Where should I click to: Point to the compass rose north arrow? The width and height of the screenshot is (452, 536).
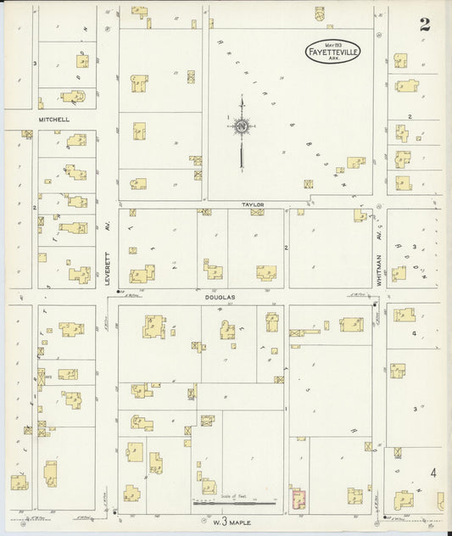point(243,127)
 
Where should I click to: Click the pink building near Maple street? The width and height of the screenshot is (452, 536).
point(298,499)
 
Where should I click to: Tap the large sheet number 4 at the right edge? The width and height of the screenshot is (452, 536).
point(434,473)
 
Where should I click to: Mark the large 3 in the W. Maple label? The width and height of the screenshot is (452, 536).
point(226,518)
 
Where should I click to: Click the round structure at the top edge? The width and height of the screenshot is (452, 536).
point(319,14)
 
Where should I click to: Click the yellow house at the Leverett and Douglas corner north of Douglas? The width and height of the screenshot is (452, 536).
point(143,274)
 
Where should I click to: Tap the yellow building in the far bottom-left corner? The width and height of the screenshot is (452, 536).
point(19,482)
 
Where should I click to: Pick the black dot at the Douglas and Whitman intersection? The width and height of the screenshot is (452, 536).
point(375,302)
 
